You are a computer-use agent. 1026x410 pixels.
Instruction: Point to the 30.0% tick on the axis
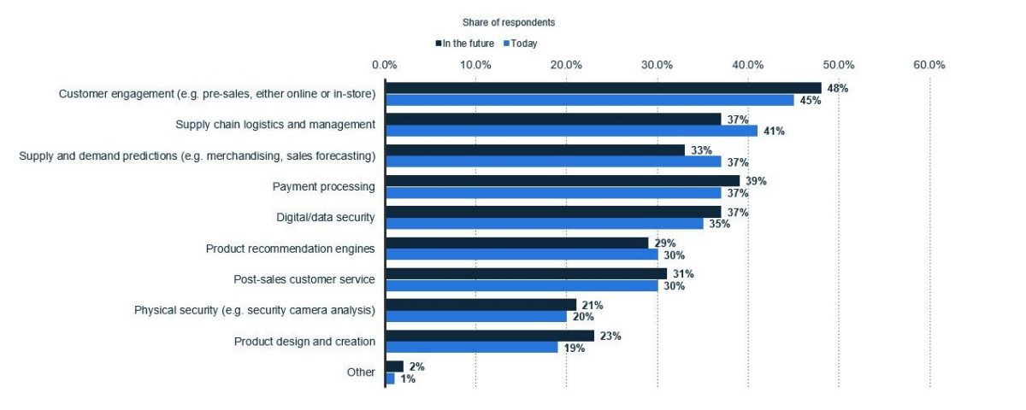[x=657, y=65]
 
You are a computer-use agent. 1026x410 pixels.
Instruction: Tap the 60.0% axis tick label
[x=929, y=65]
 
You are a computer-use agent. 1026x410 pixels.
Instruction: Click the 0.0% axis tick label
[x=385, y=65]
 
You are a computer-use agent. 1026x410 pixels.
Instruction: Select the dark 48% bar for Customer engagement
[x=603, y=88]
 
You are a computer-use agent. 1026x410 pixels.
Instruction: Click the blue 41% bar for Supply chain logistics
[x=571, y=131]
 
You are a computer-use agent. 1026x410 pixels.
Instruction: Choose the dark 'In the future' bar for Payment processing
[x=562, y=180]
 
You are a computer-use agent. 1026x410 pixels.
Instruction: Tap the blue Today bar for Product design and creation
[x=471, y=348]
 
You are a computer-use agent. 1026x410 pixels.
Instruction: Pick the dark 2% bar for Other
[x=394, y=366]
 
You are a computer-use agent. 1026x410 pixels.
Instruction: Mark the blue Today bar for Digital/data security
[x=544, y=224]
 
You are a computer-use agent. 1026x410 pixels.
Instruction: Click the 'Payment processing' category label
[x=323, y=186]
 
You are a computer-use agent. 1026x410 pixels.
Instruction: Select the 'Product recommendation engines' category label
[x=290, y=249]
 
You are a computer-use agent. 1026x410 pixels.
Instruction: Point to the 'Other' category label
[x=361, y=372]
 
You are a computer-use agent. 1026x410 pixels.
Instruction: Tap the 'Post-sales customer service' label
[x=304, y=279]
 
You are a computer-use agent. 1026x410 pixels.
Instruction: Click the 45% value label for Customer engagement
[x=810, y=101]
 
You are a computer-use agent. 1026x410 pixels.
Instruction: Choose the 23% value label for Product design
[x=610, y=336]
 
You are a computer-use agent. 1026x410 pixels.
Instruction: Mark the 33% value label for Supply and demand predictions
[x=700, y=149]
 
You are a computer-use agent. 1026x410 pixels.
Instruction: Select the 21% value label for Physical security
[x=592, y=305]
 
